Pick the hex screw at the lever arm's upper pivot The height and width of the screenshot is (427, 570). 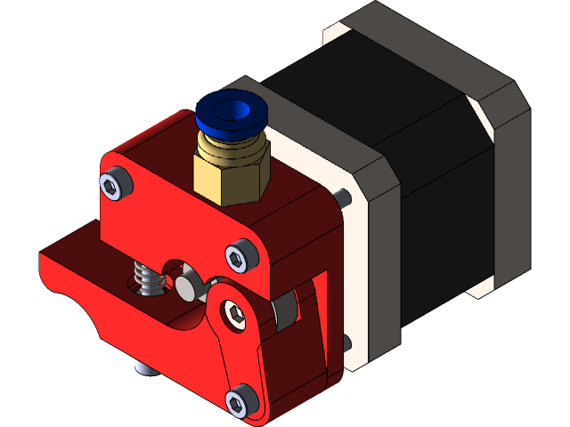click(x=234, y=312)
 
